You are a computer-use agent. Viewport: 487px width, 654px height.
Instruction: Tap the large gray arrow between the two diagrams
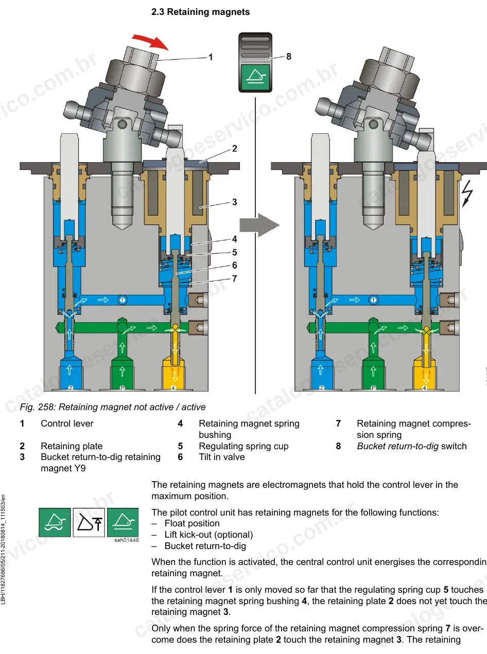coord(259,225)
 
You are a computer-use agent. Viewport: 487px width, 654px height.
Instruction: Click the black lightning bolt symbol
coord(467,193)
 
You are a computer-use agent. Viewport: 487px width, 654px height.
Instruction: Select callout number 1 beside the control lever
coord(211,57)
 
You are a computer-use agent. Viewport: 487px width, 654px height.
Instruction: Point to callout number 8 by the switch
coord(289,56)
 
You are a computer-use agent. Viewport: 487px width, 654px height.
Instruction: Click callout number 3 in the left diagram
coord(235,202)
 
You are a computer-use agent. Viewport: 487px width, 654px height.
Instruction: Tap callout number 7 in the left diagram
coord(235,279)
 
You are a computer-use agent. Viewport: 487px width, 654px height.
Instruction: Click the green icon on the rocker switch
coord(255,77)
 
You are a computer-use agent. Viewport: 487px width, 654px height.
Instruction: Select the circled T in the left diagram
coord(123,300)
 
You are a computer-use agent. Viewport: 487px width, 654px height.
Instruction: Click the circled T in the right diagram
coord(373,300)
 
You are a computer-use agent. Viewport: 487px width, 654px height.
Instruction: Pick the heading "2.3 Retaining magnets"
coord(201,12)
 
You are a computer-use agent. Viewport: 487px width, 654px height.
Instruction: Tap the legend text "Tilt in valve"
coord(222,457)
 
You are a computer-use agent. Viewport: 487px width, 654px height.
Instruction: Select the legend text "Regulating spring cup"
coord(243,446)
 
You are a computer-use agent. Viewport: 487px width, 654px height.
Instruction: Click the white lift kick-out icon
coord(89,522)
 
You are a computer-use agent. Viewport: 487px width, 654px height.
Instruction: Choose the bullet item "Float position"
coord(192,523)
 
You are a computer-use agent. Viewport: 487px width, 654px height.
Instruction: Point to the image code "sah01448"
coord(127,540)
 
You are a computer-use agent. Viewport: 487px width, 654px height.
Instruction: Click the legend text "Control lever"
coord(67,423)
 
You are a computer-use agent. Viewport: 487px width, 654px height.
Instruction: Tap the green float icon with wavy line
coord(55,522)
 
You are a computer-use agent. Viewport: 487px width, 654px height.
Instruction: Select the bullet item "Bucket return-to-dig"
coord(205,546)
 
